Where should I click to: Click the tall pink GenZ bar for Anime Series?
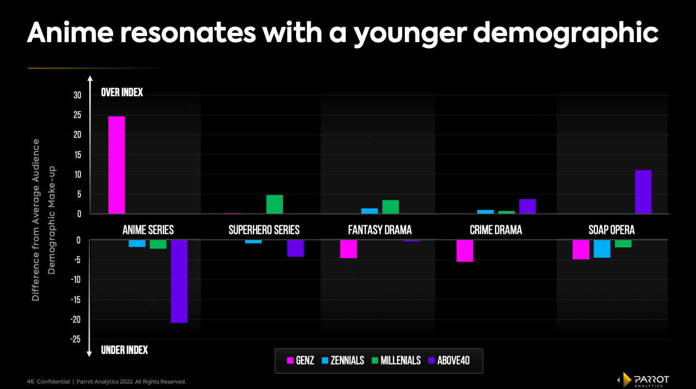tap(117, 165)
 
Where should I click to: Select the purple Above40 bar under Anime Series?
tap(179, 281)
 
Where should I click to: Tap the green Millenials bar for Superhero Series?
tap(275, 204)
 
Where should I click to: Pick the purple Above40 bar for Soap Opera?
tap(643, 192)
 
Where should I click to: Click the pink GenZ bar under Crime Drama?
tap(465, 251)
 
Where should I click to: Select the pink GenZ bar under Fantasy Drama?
tap(349, 249)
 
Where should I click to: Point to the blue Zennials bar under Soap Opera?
tap(602, 248)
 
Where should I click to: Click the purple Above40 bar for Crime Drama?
tap(527, 206)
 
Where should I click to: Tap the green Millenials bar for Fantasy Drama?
tap(391, 207)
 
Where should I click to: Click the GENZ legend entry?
tap(300, 361)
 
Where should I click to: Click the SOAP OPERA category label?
tap(611, 230)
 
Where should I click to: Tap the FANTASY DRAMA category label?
tap(380, 230)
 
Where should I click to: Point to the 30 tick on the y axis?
tap(77, 96)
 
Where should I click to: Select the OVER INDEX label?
tap(122, 92)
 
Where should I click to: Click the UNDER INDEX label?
tap(124, 350)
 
